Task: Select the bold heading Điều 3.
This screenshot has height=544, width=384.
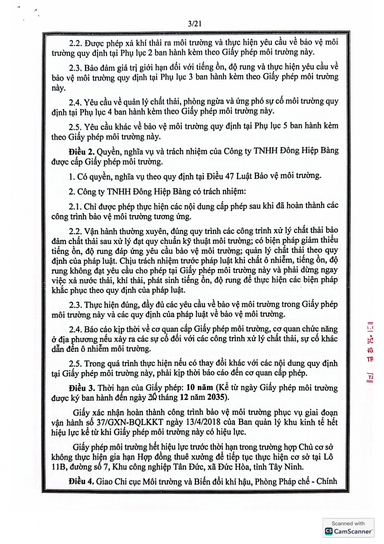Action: click(81, 388)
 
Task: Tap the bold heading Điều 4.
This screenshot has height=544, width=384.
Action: click(81, 481)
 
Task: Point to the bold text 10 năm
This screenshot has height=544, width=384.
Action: click(200, 388)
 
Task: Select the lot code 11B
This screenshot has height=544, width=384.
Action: click(58, 467)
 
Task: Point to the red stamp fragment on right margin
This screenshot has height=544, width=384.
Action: click(369, 350)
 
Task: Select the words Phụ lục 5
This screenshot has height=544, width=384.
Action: click(271, 126)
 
